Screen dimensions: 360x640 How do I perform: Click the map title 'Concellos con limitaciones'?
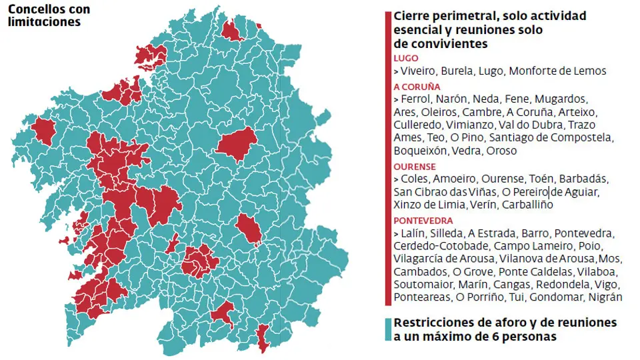[49, 16]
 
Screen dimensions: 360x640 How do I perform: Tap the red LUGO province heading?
[406, 59]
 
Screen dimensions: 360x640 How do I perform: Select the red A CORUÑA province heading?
[417, 87]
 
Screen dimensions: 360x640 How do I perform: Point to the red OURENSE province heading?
[415, 167]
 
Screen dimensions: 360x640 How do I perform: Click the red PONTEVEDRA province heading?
[423, 221]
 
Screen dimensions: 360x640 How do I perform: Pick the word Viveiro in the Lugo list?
[419, 71]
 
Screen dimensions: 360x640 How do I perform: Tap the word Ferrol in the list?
[417, 99]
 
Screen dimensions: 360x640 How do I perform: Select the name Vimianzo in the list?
[465, 125]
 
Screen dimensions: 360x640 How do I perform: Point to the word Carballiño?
[527, 205]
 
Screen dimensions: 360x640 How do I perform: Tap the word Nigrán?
[605, 297]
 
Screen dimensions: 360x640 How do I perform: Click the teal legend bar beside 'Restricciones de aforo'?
[388, 329]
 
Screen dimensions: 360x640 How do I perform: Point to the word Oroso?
[501, 151]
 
